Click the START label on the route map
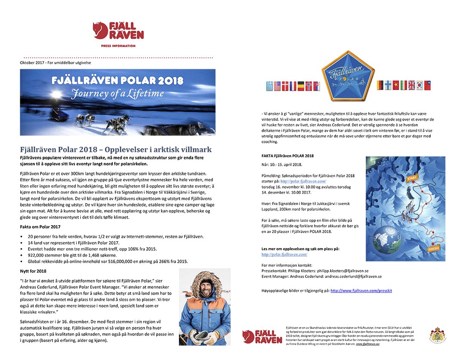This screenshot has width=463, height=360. pyautogui.click(x=412, y=178)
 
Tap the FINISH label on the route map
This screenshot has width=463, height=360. pyautogui.click(x=433, y=249)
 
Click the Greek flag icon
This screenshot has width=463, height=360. pyautogui.click(x=270, y=86)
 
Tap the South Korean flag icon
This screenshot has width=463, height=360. pyautogui.click(x=420, y=85)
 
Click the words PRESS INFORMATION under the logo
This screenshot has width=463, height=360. pyautogui.click(x=118, y=46)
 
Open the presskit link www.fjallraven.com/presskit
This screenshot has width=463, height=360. pyautogui.click(x=361, y=291)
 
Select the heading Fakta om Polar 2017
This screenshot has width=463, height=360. pyautogui.click(x=40, y=226)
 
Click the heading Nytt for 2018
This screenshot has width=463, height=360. pyautogui.click(x=33, y=271)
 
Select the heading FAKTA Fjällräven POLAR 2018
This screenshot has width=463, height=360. pyautogui.click(x=287, y=155)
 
